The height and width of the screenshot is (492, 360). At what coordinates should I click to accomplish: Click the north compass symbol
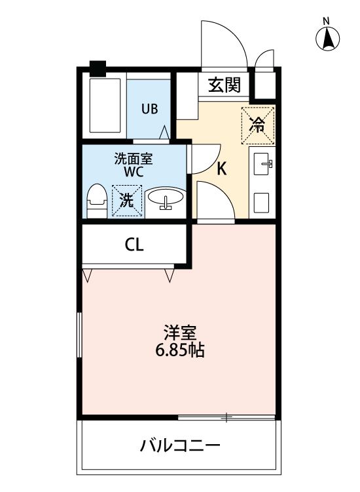click(x=329, y=39)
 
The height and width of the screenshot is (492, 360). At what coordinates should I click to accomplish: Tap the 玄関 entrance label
click(x=225, y=85)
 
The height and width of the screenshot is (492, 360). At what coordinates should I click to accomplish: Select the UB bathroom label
click(x=150, y=108)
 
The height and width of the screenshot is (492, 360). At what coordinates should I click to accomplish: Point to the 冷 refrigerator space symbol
click(x=259, y=124)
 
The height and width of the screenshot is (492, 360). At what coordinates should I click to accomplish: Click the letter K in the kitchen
click(x=222, y=169)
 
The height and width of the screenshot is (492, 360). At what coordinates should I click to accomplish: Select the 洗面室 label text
click(x=134, y=157)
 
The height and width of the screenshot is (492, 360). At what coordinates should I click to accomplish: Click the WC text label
click(x=134, y=171)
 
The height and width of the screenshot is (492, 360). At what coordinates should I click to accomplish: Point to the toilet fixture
click(x=97, y=199)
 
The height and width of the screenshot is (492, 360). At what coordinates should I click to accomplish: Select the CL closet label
click(x=134, y=245)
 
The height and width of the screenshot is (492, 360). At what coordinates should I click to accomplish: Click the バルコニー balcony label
click(x=180, y=447)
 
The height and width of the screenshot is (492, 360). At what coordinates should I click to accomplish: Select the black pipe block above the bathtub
click(x=98, y=67)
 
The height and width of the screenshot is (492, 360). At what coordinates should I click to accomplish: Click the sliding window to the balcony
click(x=226, y=417)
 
